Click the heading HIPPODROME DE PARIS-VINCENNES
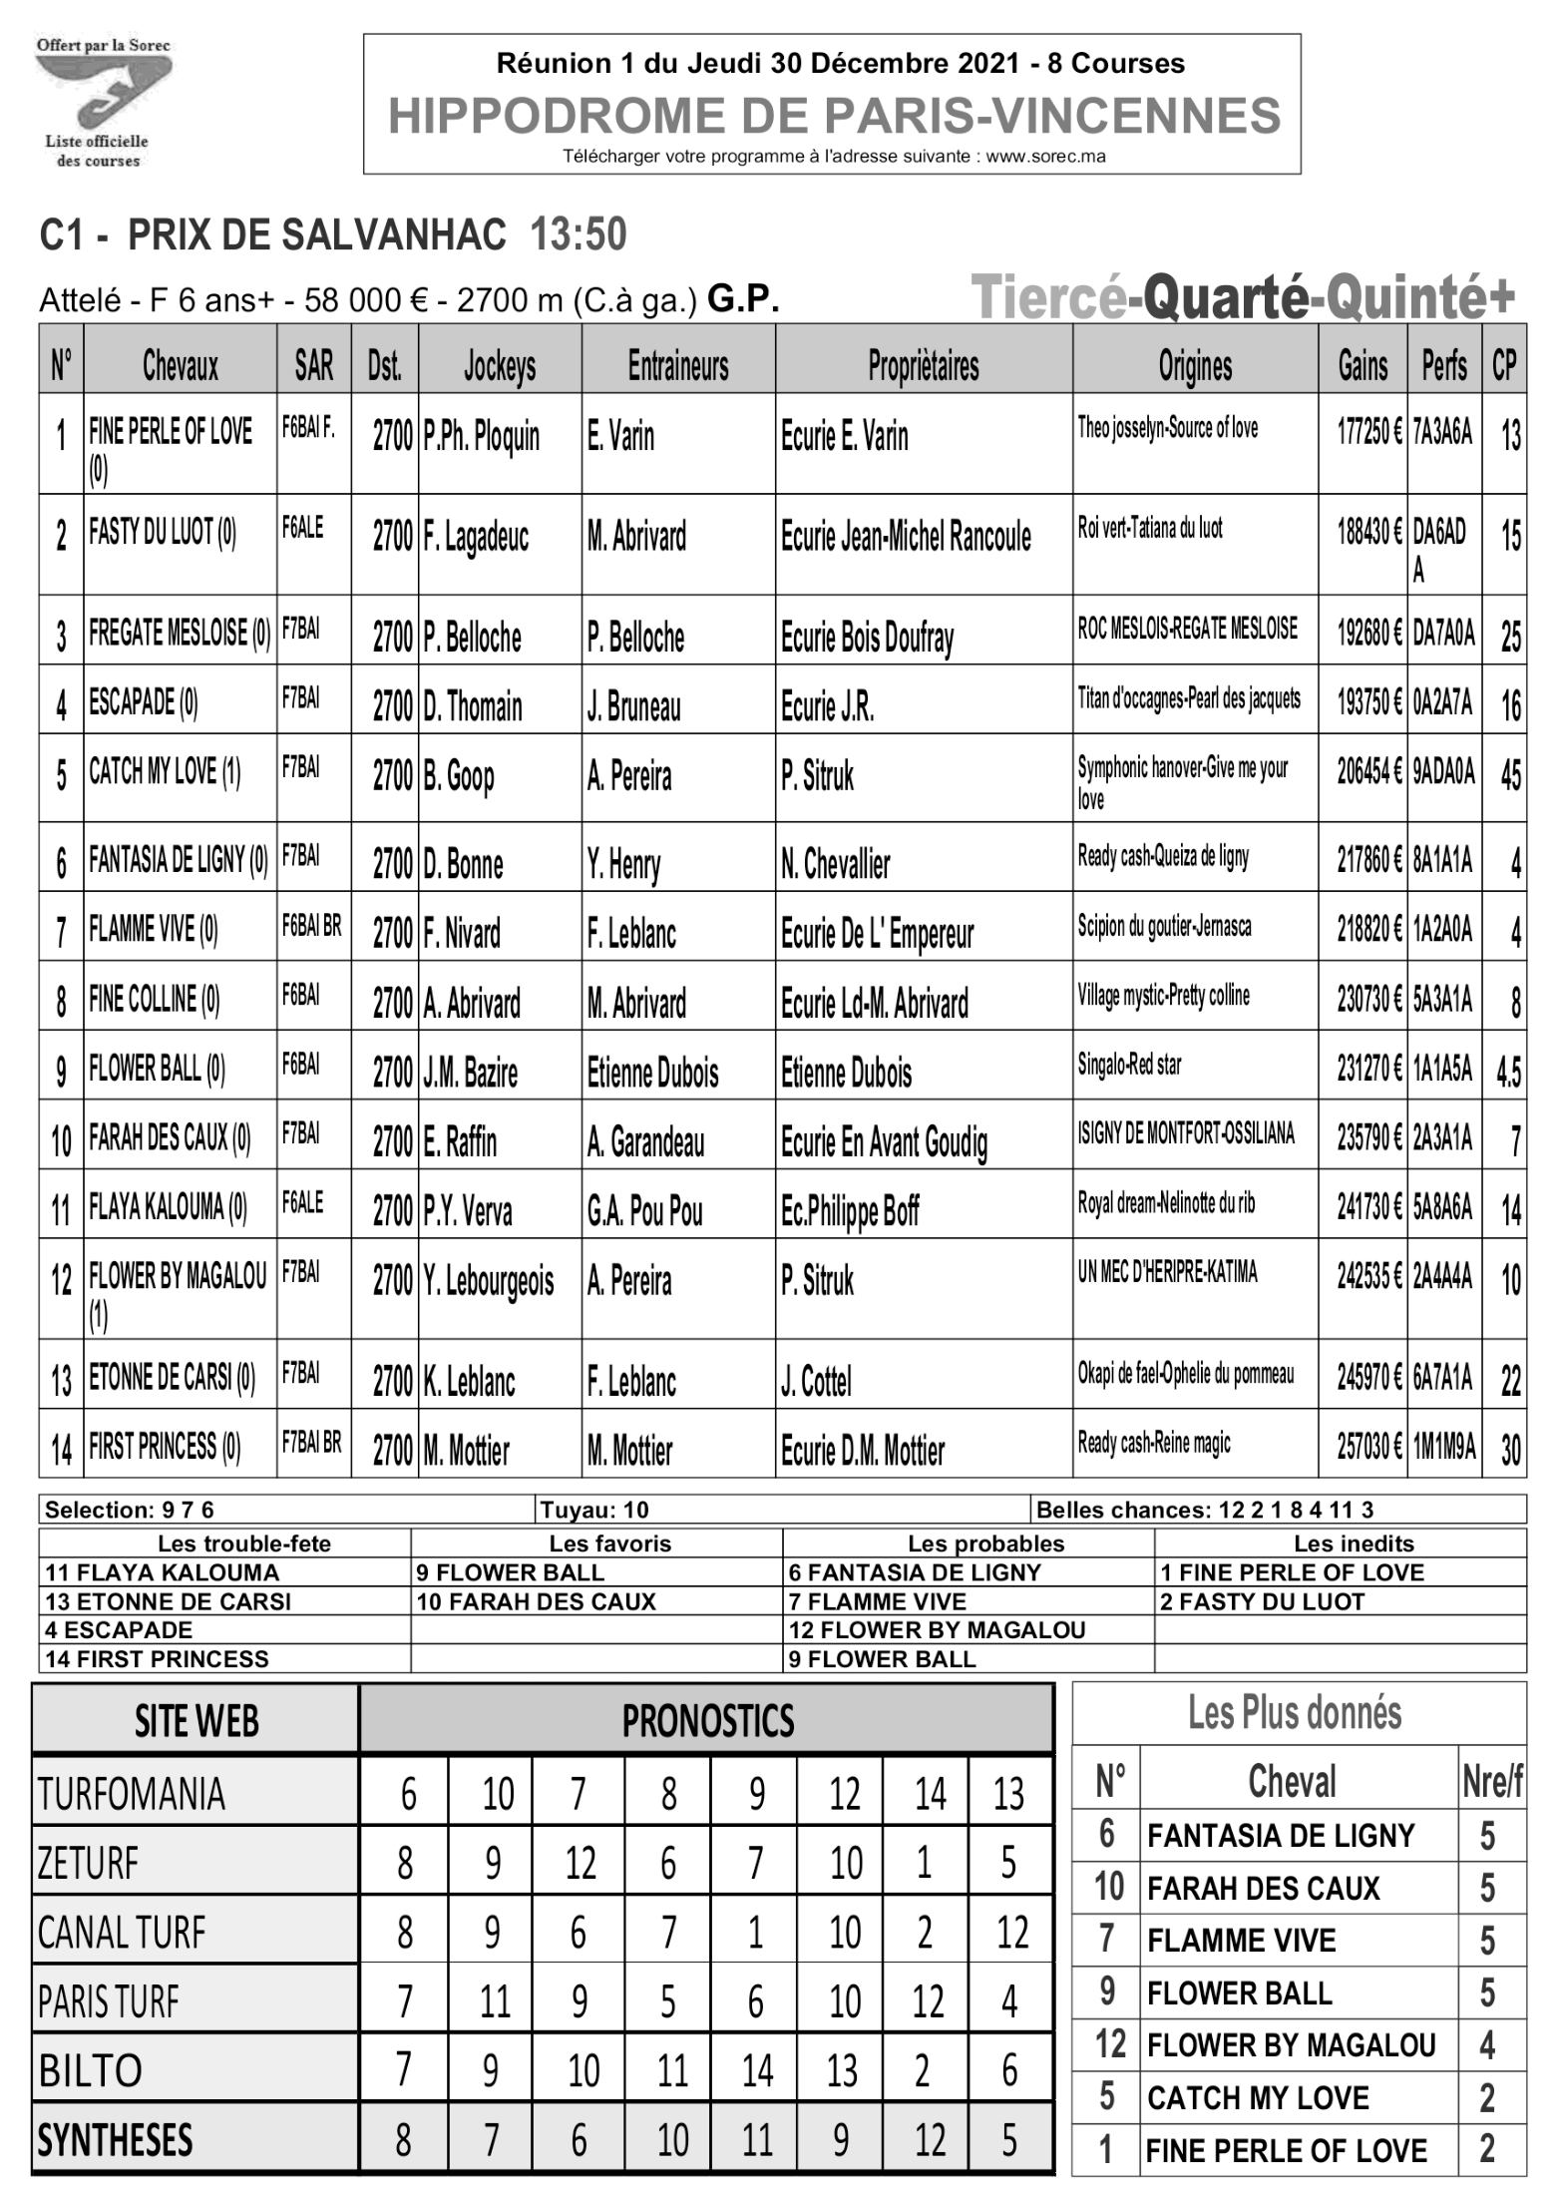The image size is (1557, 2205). [x=834, y=116]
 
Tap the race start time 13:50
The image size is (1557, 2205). [x=579, y=235]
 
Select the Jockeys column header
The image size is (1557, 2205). [x=500, y=366]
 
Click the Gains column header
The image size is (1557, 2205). [x=1362, y=366]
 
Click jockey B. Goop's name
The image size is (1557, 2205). [x=459, y=776]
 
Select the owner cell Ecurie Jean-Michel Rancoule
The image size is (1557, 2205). [x=906, y=537]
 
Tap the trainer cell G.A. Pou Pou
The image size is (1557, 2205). [x=644, y=1211]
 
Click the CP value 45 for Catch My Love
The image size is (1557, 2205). [x=1510, y=776]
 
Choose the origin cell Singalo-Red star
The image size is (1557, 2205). [x=1129, y=1065]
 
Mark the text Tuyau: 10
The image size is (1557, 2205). [x=594, y=1510]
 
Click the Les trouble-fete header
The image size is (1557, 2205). [x=244, y=1543]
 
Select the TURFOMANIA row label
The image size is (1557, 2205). [x=132, y=1794]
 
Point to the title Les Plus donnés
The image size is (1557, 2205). [x=1294, y=1713]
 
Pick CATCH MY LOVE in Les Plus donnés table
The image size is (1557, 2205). [x=1258, y=2097]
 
